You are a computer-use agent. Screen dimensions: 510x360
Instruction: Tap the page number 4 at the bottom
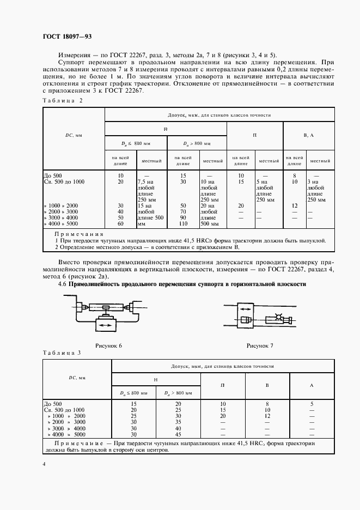tap(44, 464)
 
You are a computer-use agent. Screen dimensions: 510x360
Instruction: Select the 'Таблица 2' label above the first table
tap(62, 101)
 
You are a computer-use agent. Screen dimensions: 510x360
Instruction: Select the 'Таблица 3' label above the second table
tap(62, 353)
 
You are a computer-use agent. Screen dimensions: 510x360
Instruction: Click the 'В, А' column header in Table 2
tap(308, 134)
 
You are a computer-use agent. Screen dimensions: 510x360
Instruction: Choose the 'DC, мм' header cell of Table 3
tap(77, 377)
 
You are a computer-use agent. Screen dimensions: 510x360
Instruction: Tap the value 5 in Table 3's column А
tap(311, 404)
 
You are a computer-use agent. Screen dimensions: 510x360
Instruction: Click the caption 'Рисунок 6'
tap(108, 345)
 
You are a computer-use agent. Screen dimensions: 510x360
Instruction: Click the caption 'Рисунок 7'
tap(260, 345)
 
